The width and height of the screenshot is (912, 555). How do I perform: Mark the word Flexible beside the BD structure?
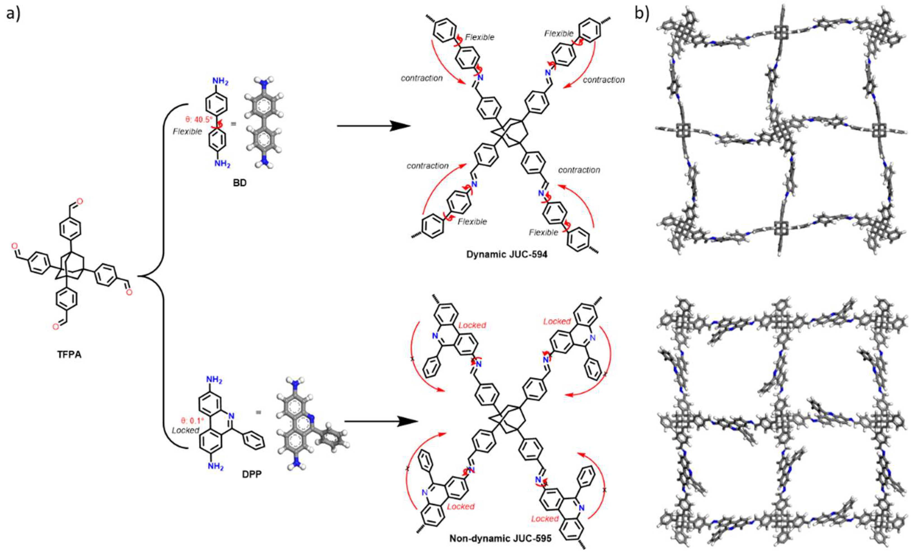(x=187, y=131)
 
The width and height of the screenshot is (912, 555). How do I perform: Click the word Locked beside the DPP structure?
(x=186, y=430)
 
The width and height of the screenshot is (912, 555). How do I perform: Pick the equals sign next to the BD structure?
(x=234, y=124)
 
